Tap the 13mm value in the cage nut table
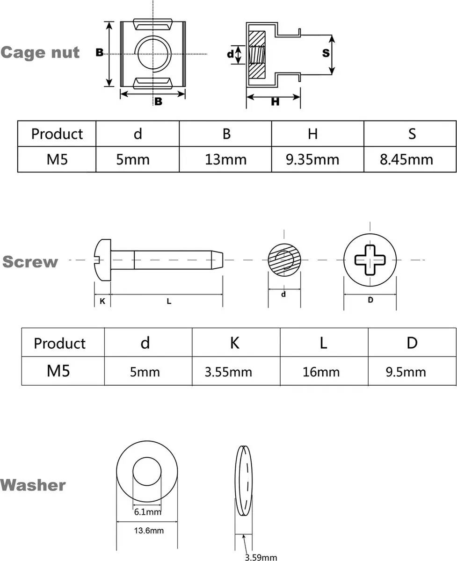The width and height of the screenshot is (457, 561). coord(225,159)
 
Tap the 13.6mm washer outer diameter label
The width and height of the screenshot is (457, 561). coord(149,530)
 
